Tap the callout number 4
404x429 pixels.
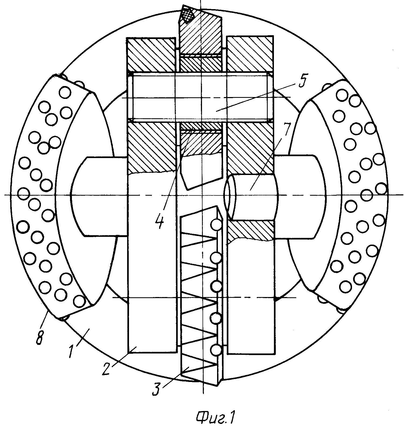160,221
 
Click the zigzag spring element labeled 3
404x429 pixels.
199,296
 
